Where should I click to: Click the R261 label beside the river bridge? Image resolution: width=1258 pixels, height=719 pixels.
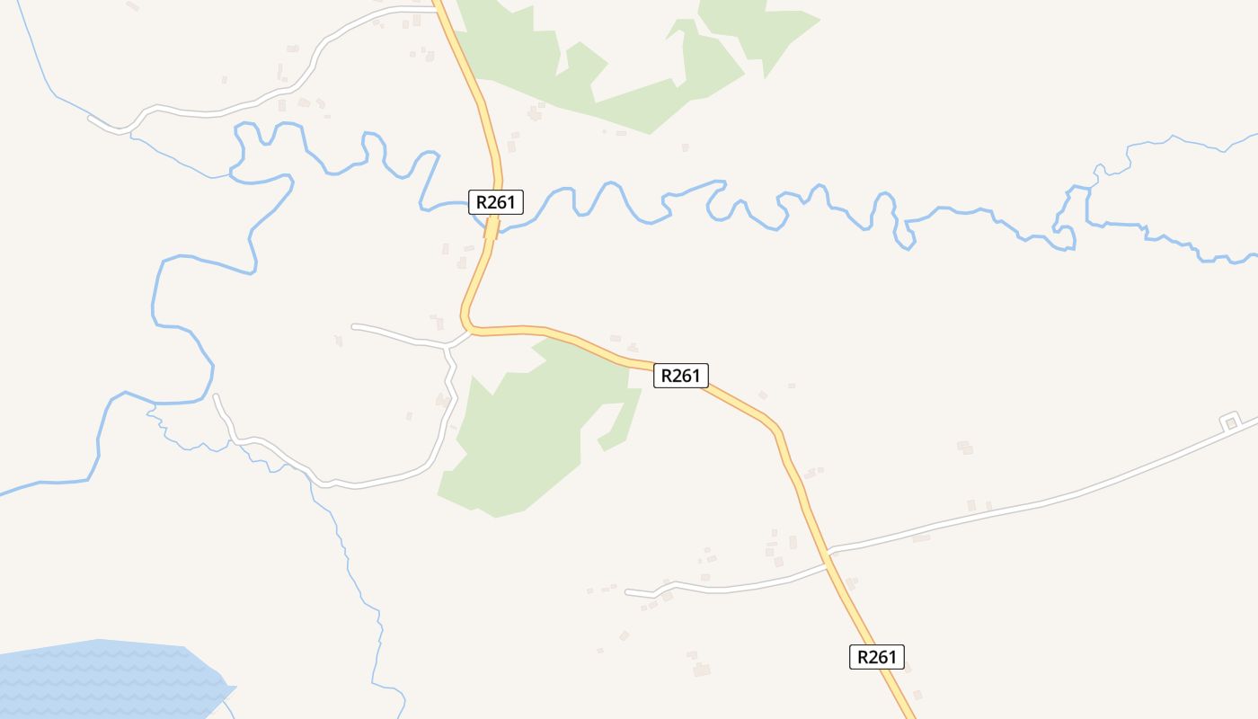pyautogui.click(x=495, y=202)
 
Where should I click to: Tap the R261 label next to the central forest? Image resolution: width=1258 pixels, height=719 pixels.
pyautogui.click(x=680, y=375)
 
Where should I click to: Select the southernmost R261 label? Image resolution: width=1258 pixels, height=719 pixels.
pyautogui.click(x=876, y=657)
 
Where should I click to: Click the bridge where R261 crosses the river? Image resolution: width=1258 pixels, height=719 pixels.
pyautogui.click(x=492, y=229)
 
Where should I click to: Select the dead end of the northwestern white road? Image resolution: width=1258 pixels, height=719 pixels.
pyautogui.click(x=89, y=117)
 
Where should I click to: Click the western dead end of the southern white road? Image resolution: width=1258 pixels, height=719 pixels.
pyautogui.click(x=626, y=591)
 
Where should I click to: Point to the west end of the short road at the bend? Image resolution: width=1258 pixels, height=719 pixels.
pyautogui.click(x=352, y=325)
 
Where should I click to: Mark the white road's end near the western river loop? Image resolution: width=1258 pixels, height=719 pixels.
pyautogui.click(x=215, y=395)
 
